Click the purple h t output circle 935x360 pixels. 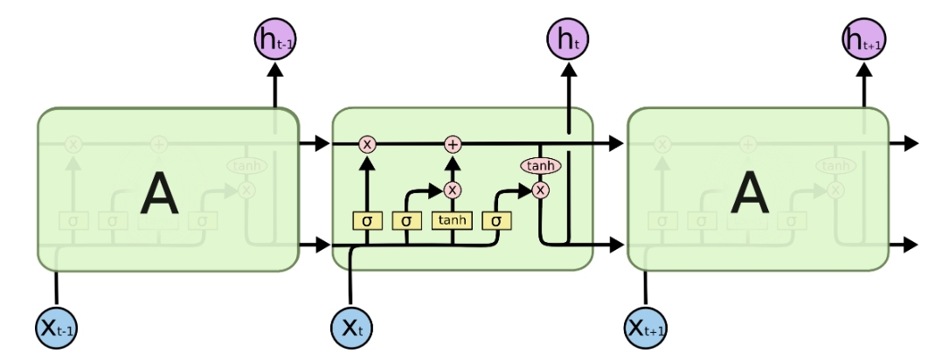(569, 40)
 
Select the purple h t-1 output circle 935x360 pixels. (274, 40)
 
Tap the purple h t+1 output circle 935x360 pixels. (863, 40)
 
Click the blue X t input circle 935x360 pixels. (350, 329)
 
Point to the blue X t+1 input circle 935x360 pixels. (647, 329)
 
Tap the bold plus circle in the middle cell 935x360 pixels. (452, 144)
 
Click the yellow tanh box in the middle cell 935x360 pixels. (452, 220)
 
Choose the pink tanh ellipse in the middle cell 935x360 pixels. (541, 165)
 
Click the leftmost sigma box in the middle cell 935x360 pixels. (367, 220)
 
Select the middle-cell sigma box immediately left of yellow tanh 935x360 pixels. (407, 220)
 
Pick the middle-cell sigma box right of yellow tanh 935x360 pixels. (496, 220)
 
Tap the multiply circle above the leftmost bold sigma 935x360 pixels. (367, 144)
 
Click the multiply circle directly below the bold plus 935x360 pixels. (452, 189)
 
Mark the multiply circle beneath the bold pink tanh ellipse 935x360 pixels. (541, 189)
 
